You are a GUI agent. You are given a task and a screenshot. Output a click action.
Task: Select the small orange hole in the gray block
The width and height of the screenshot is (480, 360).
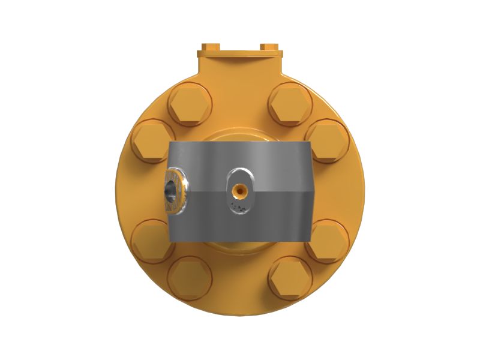tap(239, 190)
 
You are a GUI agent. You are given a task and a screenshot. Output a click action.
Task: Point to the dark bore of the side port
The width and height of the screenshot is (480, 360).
tap(172, 190)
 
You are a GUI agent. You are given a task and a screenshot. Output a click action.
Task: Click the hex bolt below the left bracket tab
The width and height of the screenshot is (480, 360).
tap(190, 106)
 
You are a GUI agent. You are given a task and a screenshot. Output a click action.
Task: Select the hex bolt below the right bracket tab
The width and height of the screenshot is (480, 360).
tap(290, 105)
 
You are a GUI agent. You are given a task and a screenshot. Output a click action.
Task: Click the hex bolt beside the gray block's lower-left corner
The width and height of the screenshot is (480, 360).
tap(149, 240)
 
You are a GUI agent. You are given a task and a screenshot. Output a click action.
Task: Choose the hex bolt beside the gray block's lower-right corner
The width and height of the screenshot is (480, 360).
tap(330, 240)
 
